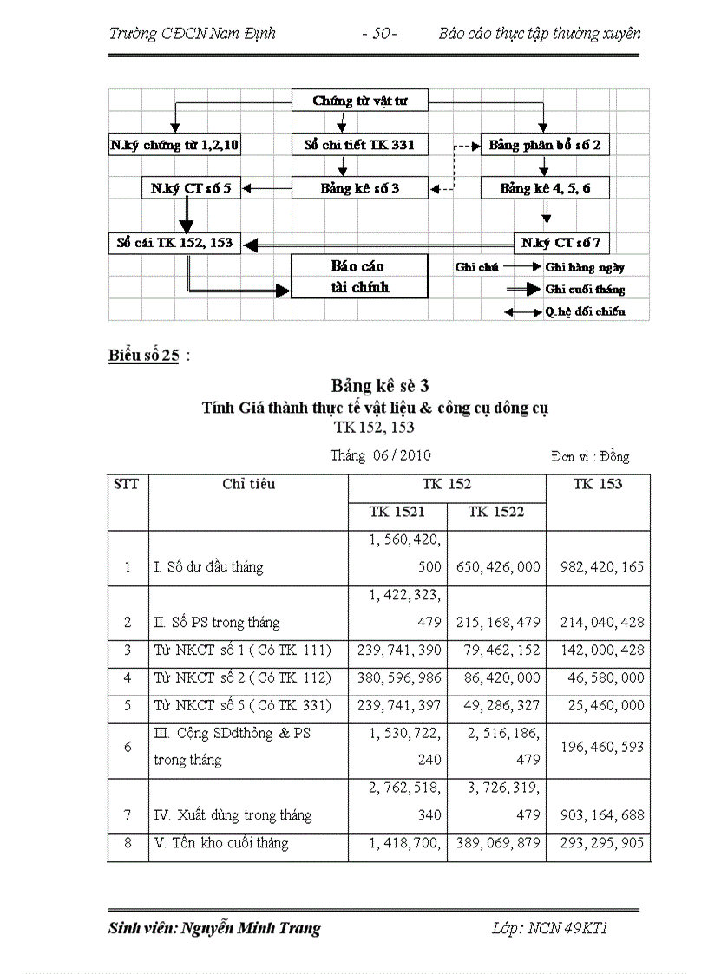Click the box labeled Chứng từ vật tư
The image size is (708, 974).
click(x=359, y=101)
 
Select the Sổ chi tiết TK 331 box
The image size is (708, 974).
click(x=359, y=145)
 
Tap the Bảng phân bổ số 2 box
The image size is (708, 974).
click(x=544, y=145)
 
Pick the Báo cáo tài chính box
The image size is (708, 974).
click(x=359, y=276)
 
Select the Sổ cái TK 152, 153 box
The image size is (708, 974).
click(x=175, y=243)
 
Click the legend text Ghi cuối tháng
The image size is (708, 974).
click(x=584, y=290)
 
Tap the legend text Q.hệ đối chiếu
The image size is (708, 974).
click(x=584, y=311)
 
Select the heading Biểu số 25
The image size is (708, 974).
click(x=143, y=356)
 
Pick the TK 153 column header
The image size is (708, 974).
click(x=597, y=484)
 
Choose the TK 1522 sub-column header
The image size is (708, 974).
click(x=496, y=512)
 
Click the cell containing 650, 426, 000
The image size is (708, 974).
click(x=496, y=567)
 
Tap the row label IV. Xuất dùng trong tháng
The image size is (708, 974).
click(x=232, y=815)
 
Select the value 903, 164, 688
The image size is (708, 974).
click(x=597, y=815)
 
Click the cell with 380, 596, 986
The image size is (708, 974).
click(x=397, y=678)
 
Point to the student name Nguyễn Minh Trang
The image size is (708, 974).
click(x=251, y=928)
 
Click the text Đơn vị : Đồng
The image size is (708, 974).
click(x=589, y=456)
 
